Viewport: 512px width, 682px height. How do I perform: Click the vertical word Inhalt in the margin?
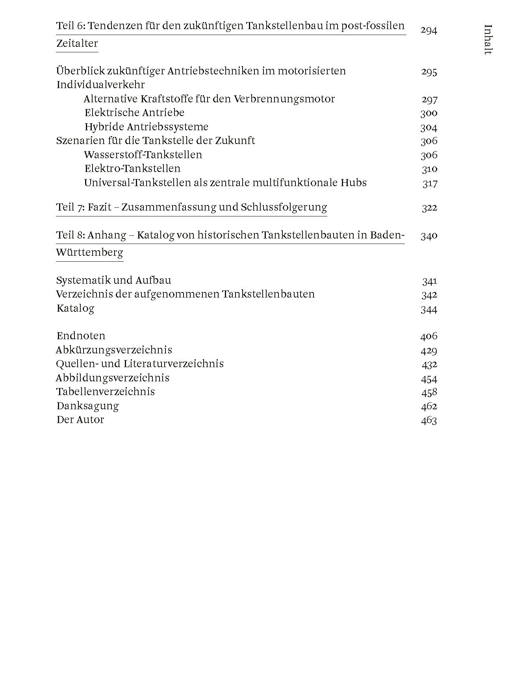[x=488, y=39]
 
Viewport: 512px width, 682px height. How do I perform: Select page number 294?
[x=429, y=30]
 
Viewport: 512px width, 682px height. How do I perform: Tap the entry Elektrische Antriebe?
[x=134, y=113]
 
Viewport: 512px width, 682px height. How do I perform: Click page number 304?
[x=429, y=127]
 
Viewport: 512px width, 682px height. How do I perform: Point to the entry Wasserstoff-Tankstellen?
[x=143, y=155]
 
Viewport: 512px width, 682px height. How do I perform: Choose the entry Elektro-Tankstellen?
[x=132, y=168]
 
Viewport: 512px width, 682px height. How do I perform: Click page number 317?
[x=430, y=183]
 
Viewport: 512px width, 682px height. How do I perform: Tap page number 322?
[x=429, y=207]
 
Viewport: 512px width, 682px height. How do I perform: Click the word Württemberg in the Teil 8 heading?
[x=89, y=252]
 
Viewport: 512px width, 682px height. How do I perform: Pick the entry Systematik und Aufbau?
[x=114, y=280]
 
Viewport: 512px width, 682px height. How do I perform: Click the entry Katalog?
[x=75, y=308]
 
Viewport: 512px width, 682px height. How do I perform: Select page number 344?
[x=429, y=309]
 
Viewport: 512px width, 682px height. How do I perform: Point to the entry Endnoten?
[x=81, y=336]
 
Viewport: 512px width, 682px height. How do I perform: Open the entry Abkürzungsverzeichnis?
[x=114, y=350]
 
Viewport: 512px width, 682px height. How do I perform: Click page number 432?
[x=429, y=364]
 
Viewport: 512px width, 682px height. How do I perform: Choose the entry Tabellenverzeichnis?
[x=106, y=392]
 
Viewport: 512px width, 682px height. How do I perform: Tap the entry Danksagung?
[x=87, y=406]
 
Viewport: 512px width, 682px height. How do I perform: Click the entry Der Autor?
[x=80, y=420]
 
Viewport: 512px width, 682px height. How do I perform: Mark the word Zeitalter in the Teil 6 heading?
[x=77, y=43]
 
